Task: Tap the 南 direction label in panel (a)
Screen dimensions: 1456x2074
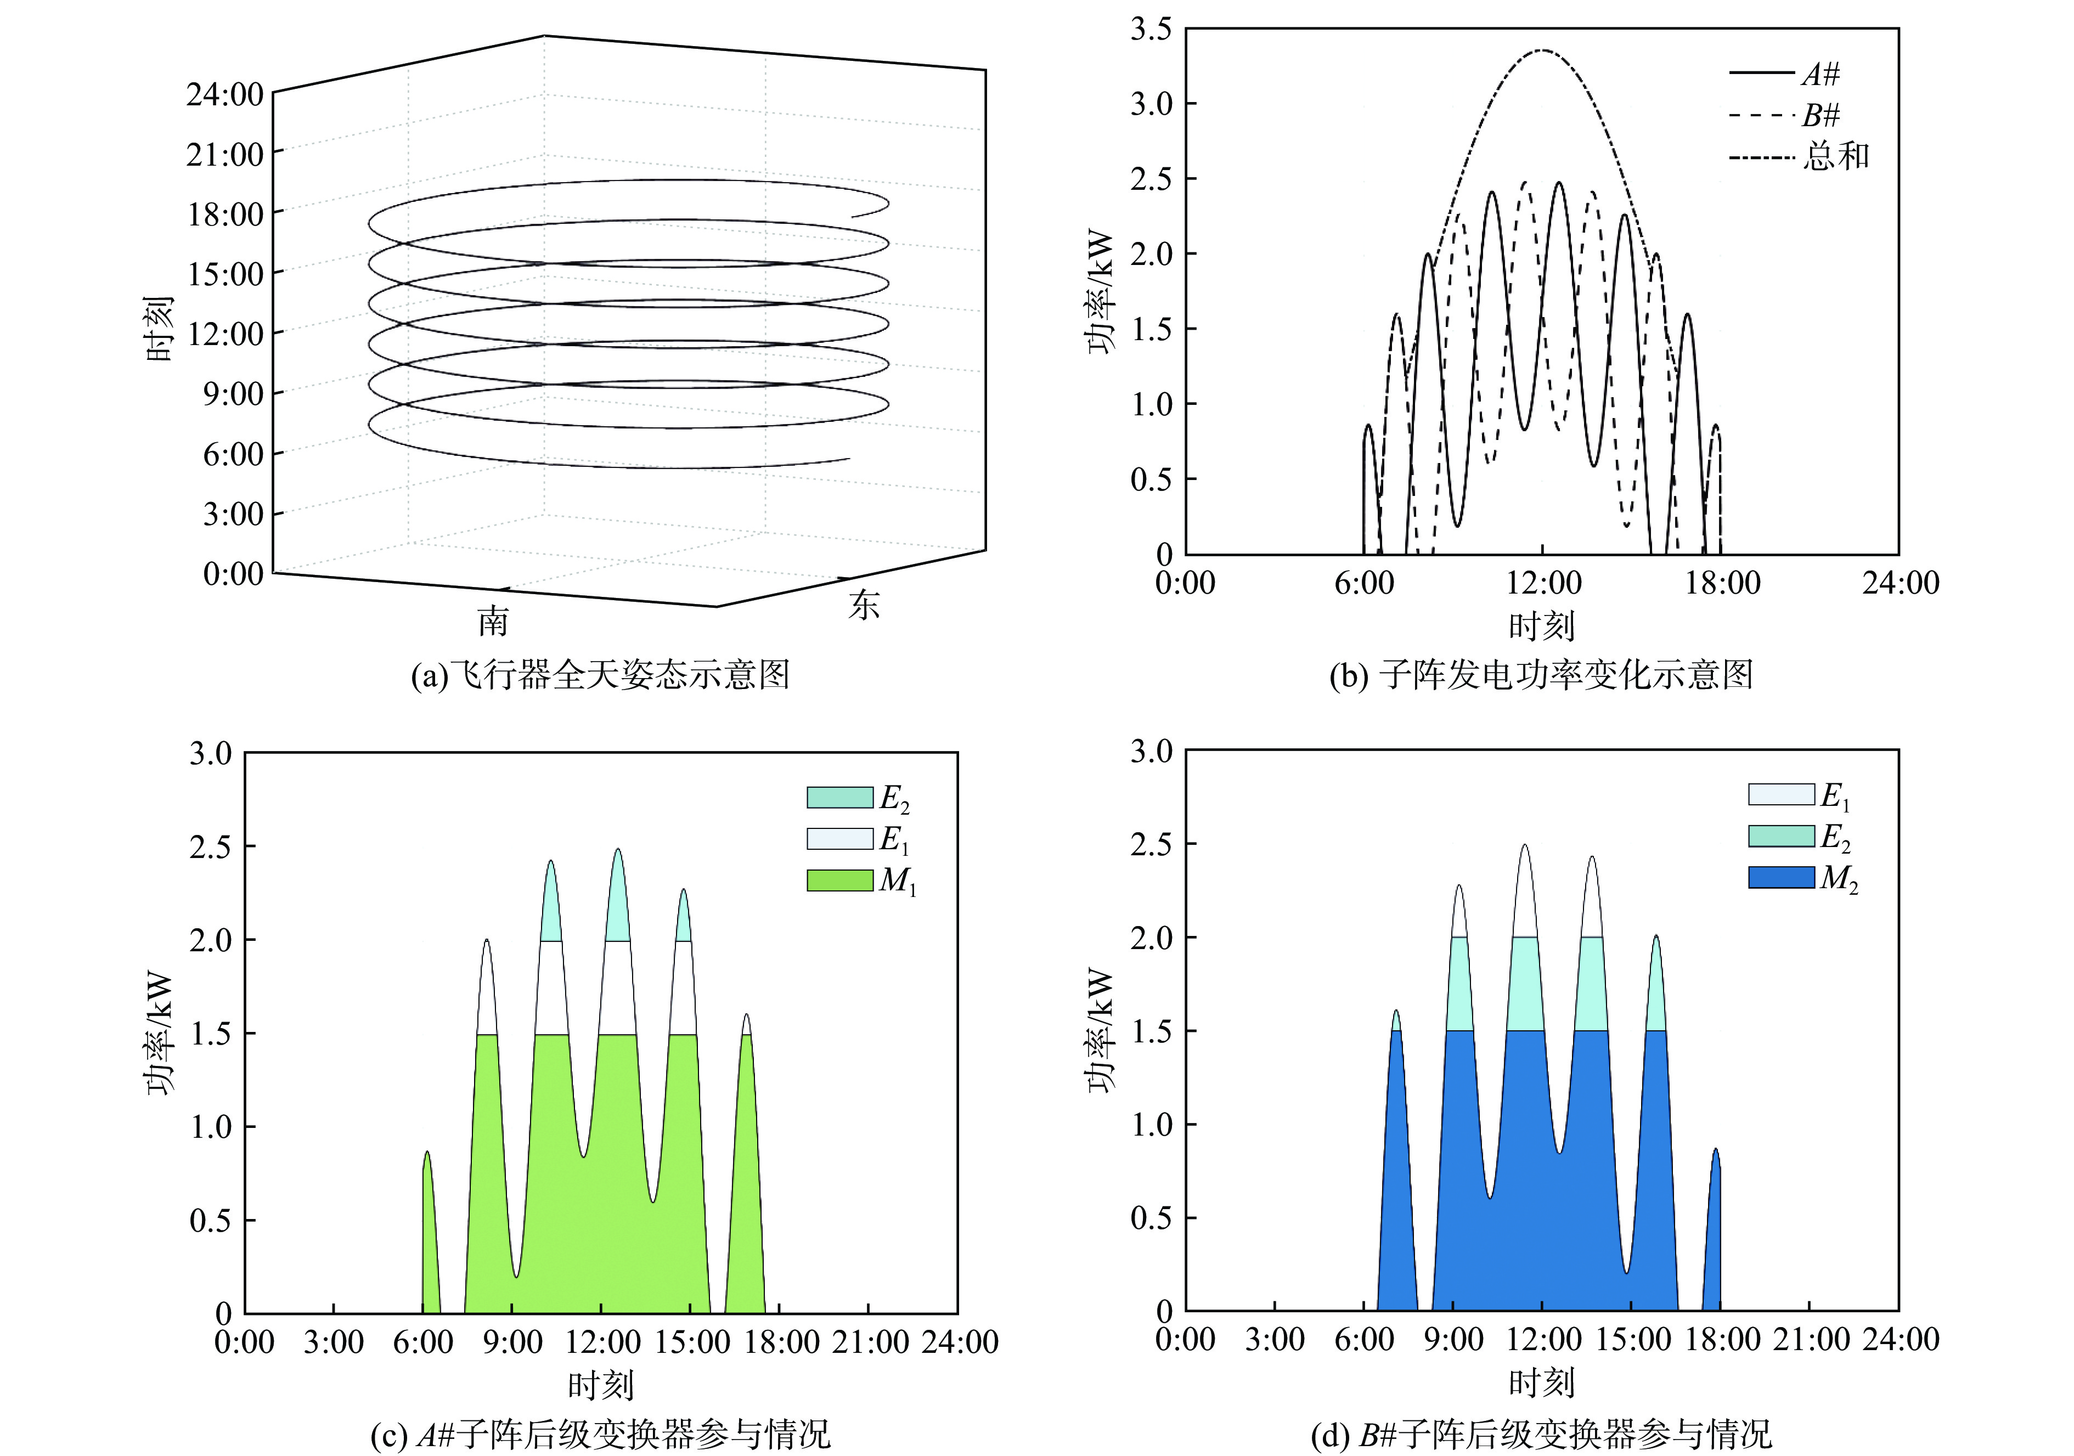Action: click(493, 622)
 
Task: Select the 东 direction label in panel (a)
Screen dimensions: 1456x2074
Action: click(864, 604)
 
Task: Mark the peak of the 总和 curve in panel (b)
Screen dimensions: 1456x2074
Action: click(1542, 50)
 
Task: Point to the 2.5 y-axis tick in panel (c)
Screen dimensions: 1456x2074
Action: click(211, 847)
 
